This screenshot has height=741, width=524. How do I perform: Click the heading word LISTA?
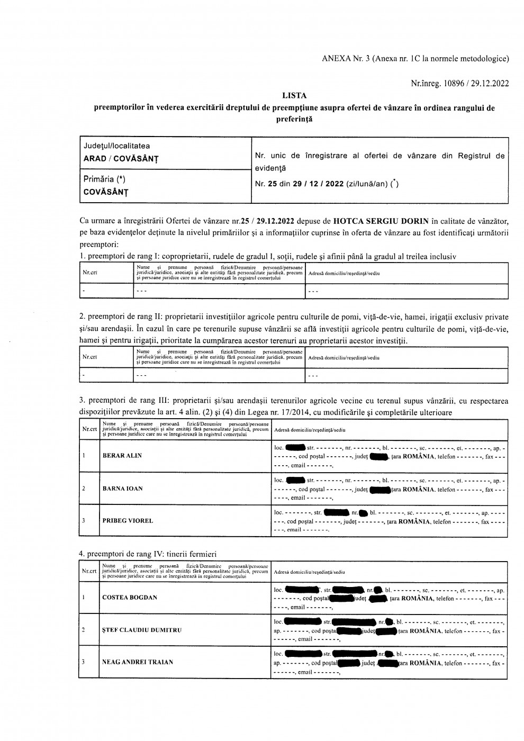click(294, 96)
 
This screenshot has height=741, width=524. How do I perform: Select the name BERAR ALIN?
click(122, 456)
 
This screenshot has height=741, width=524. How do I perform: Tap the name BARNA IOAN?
click(123, 489)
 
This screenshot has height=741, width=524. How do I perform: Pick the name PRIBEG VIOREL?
click(128, 521)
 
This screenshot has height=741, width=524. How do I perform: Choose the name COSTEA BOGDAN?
click(130, 598)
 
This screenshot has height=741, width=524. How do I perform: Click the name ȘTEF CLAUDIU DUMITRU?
click(142, 630)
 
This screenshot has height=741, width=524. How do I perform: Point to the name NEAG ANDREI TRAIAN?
click(138, 662)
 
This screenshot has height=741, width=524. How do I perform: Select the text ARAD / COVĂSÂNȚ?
click(121, 158)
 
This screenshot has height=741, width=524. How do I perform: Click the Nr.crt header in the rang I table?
click(89, 273)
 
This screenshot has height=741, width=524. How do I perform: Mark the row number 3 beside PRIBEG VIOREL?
click(84, 521)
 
